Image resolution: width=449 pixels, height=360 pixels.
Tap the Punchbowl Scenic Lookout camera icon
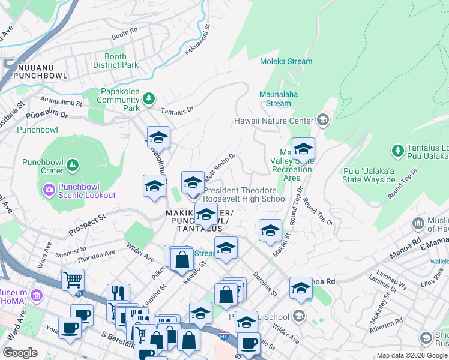pyautogui.click(x=49, y=190)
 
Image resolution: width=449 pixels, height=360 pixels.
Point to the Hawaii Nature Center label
pyautogui.click(x=273, y=121)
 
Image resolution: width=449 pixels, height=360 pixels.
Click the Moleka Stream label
pyautogui.click(x=286, y=61)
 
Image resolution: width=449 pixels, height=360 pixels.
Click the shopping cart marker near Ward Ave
pyautogui.click(x=73, y=279)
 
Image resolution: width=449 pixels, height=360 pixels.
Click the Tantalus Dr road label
pyautogui.click(x=178, y=110)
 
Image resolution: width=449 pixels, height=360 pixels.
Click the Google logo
pyautogui.click(x=20, y=353)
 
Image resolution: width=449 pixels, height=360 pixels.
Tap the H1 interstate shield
pyautogui.click(x=224, y=334)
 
